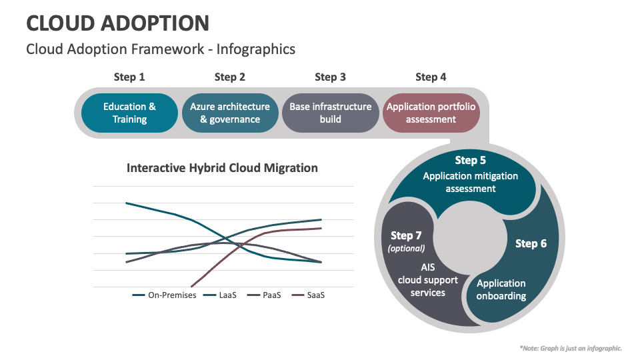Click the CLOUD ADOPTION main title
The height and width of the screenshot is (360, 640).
coord(117,23)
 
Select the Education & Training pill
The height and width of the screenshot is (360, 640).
coord(129,113)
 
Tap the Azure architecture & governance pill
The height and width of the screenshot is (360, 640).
coord(230,113)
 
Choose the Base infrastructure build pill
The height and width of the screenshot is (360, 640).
coord(330,113)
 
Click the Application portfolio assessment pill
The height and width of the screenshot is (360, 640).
coord(431,113)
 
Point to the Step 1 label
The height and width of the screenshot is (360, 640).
coord(129,77)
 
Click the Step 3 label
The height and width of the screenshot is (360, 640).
coord(330,77)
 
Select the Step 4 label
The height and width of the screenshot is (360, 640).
coord(431,77)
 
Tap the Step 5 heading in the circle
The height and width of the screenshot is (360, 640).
coord(471,161)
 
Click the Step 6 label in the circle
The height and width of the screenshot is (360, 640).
coord(531,244)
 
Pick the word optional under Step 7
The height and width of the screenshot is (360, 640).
coord(406,249)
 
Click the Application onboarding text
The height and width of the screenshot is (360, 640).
coord(501,289)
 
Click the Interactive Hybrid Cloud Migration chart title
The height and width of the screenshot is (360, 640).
coord(222,168)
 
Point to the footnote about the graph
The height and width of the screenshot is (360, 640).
coord(570,348)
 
